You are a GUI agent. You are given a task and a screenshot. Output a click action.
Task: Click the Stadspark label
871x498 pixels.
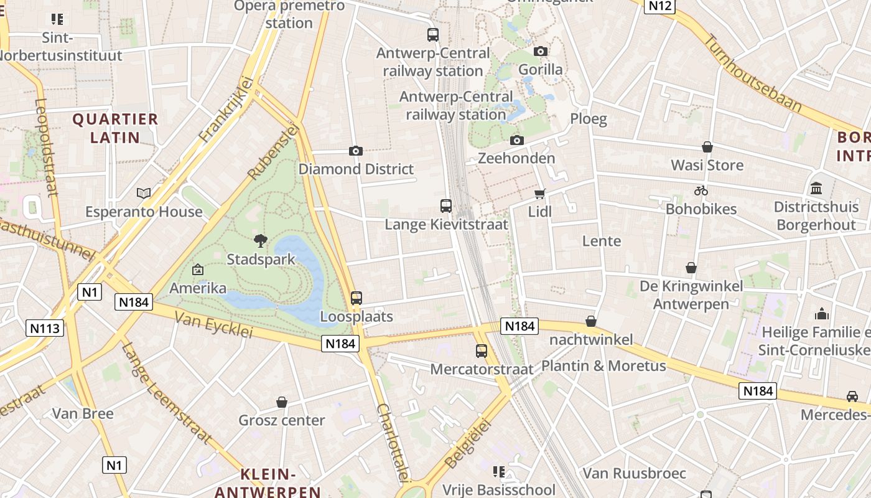click(x=261, y=259)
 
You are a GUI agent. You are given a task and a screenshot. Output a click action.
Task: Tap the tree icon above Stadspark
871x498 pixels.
click(x=261, y=240)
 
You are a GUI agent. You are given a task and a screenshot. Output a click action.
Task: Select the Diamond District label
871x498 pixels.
click(x=356, y=169)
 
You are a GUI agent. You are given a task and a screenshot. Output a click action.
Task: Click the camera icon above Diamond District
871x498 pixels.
click(x=356, y=151)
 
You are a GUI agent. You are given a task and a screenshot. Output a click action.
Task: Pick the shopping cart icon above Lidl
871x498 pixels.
click(x=539, y=194)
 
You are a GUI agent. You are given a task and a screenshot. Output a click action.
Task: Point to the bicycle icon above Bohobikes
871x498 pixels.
click(x=701, y=190)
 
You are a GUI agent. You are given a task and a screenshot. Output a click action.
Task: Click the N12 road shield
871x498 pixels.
click(x=659, y=6)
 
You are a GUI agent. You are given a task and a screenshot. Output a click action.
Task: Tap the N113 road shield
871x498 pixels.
click(x=45, y=328)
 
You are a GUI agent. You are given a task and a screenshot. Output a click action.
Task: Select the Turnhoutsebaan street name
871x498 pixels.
click(x=752, y=73)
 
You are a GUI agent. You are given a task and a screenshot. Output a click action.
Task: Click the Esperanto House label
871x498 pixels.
click(x=144, y=212)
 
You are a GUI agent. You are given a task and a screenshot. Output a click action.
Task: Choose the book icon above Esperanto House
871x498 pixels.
click(x=144, y=193)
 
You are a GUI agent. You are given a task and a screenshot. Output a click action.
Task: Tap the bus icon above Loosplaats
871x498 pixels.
click(x=356, y=298)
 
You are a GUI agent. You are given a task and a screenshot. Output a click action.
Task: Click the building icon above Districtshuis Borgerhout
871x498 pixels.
click(x=816, y=188)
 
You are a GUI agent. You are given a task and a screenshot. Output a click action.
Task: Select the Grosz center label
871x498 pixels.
click(x=282, y=421)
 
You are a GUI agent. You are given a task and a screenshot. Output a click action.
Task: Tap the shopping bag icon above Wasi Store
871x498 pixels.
click(x=707, y=147)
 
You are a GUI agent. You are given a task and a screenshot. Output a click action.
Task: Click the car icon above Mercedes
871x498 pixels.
click(x=852, y=396)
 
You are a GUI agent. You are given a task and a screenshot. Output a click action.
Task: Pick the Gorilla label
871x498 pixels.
click(x=540, y=70)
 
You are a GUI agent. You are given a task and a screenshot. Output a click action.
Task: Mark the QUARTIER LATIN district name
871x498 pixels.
click(x=116, y=128)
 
